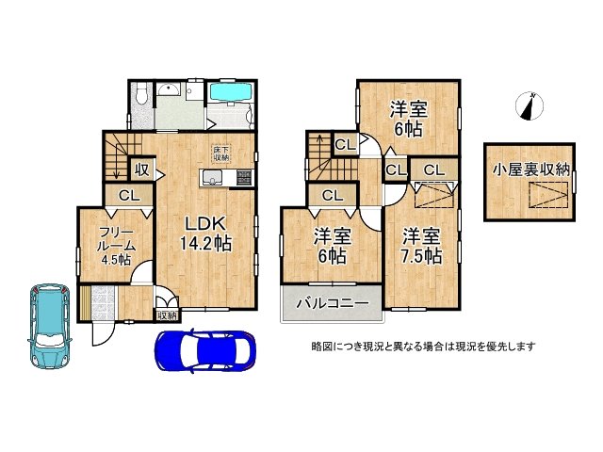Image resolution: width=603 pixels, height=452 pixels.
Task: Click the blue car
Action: [204, 353]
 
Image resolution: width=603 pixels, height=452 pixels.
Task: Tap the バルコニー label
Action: [325, 303]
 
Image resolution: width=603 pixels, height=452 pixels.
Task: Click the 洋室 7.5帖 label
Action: [419, 245]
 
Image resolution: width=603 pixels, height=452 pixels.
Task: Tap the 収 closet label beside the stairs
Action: [141, 170]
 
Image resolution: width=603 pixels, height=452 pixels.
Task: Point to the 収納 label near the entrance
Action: [166, 315]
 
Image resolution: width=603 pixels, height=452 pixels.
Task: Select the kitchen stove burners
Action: [239, 177]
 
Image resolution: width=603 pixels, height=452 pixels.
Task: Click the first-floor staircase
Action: [121, 156]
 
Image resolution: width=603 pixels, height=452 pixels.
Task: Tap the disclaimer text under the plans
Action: [424, 346]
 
